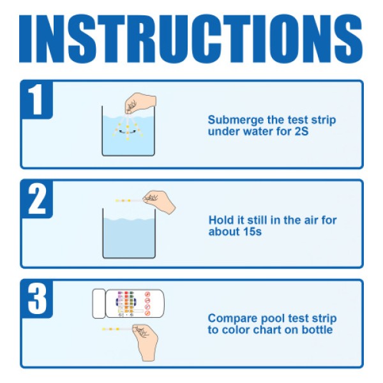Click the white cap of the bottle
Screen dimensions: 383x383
[98, 303]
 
